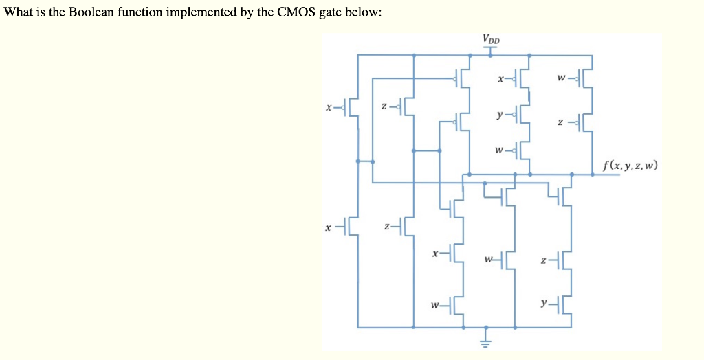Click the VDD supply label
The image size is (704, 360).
point(492,38)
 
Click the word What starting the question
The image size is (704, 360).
point(18,14)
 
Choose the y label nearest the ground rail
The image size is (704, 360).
point(544,302)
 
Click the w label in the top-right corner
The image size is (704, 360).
point(562,78)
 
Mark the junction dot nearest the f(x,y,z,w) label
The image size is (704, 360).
point(572,175)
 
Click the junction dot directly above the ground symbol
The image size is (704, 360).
point(487,327)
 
